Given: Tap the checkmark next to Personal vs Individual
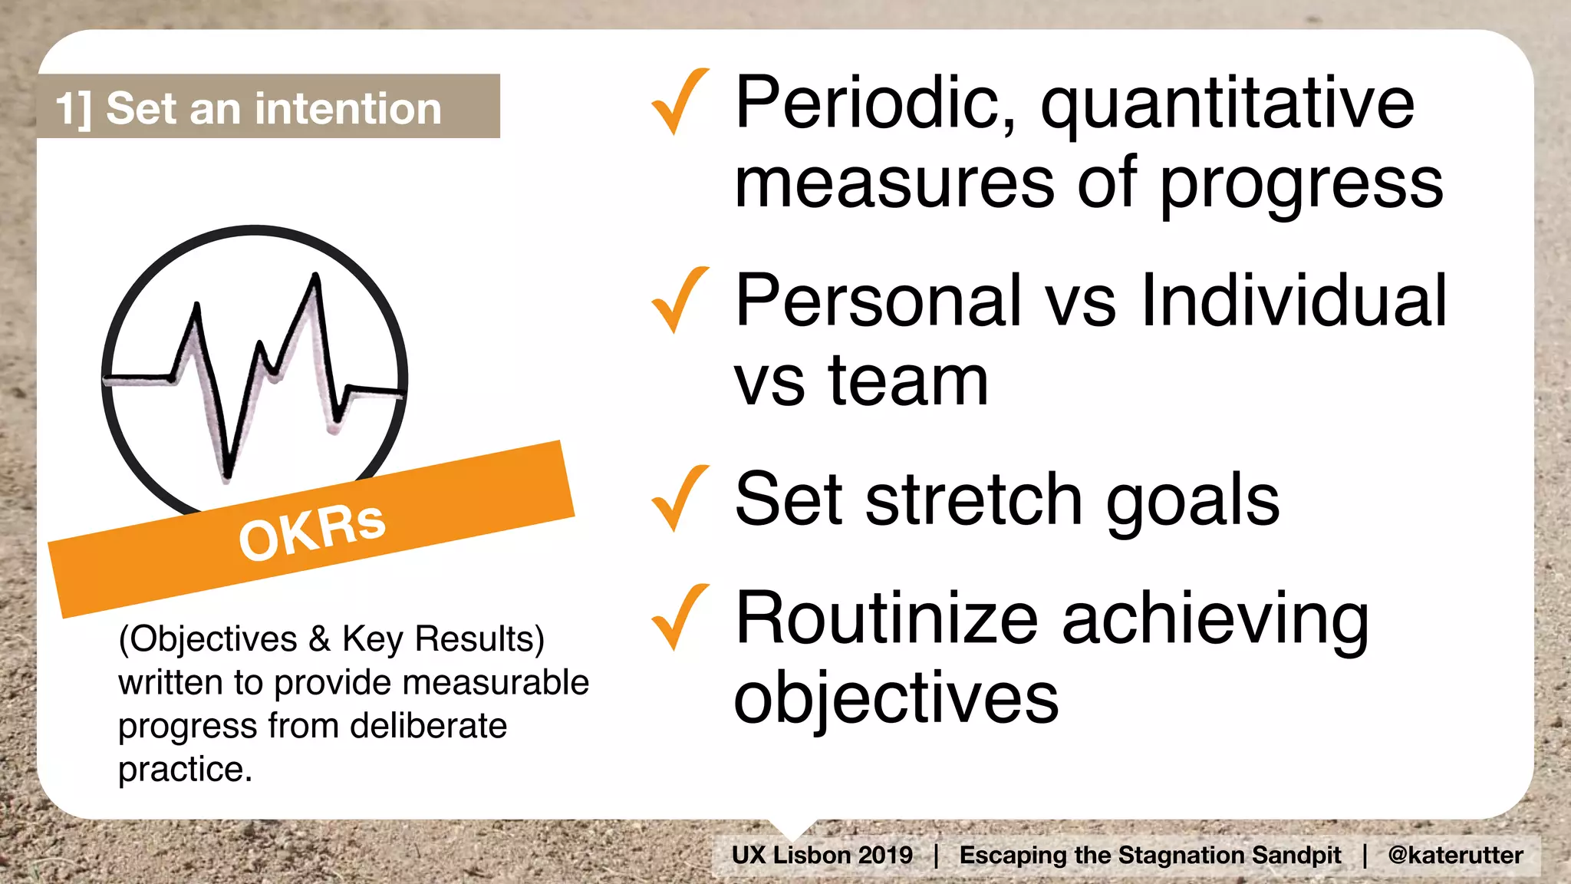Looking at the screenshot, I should click(678, 301).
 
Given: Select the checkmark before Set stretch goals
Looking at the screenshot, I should click(678, 500).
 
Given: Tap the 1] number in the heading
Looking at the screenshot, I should click(74, 108).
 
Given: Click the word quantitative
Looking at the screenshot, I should click(1227, 106).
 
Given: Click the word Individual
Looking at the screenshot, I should click(1294, 301).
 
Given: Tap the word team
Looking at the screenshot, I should click(908, 381).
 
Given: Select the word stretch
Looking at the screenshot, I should click(974, 500).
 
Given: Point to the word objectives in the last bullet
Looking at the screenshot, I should click(896, 698).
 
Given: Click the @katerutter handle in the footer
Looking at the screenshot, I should click(1455, 855).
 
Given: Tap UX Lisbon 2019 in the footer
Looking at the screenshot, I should click(822, 855).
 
